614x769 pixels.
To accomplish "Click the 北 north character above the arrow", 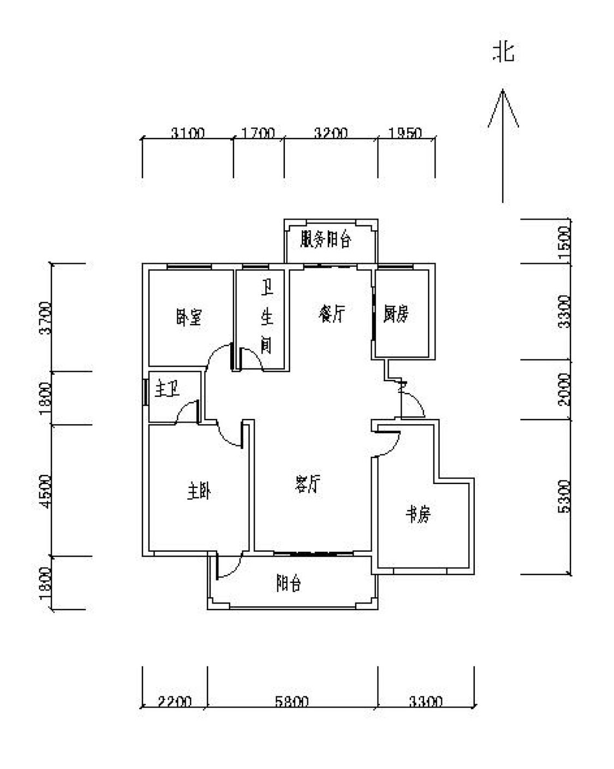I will [504, 52].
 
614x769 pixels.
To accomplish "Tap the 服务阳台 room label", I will [326, 240].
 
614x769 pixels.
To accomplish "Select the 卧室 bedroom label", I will [189, 317].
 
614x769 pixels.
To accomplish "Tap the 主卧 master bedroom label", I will [199, 492].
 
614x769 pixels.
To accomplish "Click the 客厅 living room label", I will [307, 484].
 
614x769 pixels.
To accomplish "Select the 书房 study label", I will [419, 515].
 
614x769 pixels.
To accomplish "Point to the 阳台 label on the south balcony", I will [288, 584].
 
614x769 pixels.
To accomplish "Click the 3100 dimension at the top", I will [187, 133].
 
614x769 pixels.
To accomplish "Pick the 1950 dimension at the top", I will [404, 133].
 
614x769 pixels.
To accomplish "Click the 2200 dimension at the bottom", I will [175, 701].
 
